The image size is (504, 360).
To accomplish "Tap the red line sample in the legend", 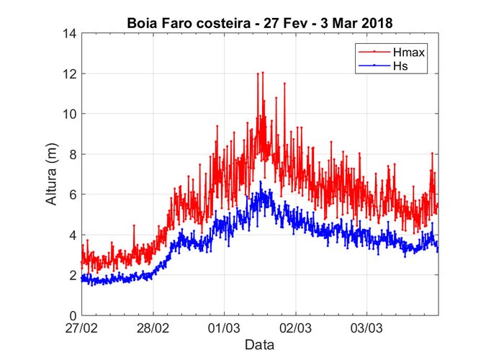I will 372,53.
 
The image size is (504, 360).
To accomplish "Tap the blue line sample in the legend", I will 372,66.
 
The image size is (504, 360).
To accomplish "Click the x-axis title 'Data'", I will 259,345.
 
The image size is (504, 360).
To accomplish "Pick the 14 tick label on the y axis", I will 71,33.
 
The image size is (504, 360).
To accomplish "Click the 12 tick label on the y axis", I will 71,73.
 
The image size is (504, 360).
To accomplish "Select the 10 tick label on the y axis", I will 71,114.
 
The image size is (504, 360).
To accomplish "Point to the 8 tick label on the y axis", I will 73,154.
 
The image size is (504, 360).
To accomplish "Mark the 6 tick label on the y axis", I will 73,194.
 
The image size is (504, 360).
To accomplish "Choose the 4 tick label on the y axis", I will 73,235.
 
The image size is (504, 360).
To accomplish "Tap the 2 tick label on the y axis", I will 73,275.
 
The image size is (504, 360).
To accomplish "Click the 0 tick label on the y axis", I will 73,315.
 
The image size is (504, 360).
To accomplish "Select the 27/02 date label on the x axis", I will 82,328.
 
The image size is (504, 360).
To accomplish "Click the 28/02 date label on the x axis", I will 153,328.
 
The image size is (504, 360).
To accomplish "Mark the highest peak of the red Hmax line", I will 263,72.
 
